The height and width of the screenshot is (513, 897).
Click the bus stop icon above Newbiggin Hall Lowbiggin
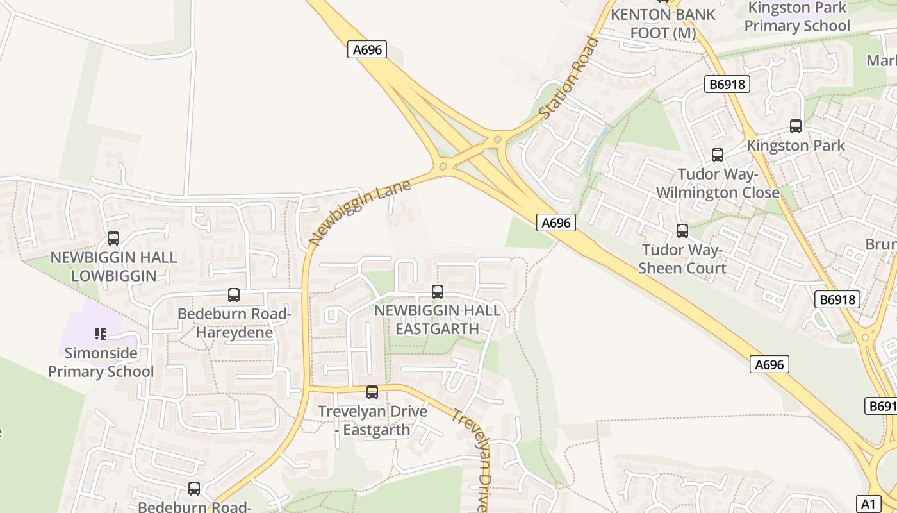coord(113,239)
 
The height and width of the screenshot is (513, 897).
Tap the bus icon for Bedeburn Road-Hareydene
coord(234,295)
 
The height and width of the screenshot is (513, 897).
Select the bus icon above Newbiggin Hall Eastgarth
coord(438,292)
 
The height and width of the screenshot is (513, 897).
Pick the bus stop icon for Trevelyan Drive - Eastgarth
coord(372,392)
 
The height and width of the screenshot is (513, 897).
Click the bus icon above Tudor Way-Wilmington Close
coord(718,155)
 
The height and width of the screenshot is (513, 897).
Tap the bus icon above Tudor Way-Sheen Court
coord(682,231)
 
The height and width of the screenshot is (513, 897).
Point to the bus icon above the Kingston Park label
coord(796,126)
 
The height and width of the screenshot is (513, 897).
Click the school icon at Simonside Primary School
coord(101,333)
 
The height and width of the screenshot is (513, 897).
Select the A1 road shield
coord(868,503)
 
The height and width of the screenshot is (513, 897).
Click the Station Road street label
coord(569,78)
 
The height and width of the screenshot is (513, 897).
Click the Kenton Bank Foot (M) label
coord(663,23)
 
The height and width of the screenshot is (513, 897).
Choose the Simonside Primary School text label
coord(101,362)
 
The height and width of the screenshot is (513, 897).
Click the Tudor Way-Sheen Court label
coord(682,259)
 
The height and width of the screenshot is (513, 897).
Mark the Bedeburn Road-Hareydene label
coord(235,323)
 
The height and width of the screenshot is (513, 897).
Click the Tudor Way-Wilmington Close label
coord(718,183)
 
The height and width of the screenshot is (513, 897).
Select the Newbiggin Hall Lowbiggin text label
coord(113,267)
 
